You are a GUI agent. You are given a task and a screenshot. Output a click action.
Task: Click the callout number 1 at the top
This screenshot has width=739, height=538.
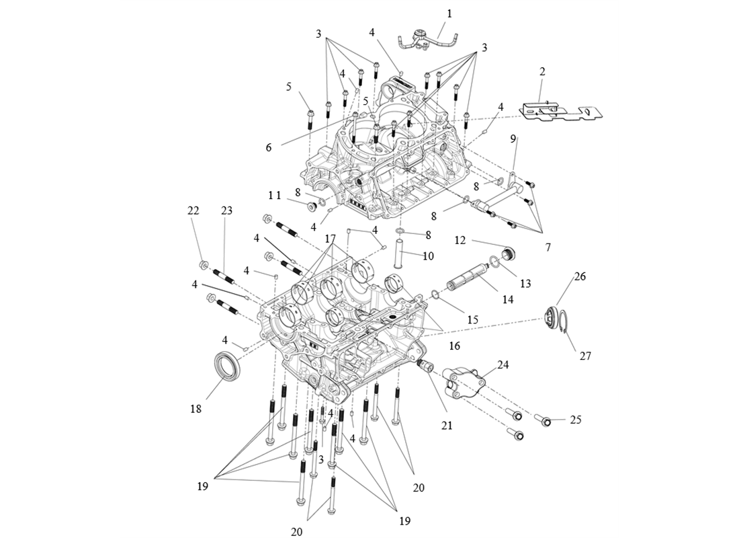tap(449, 13)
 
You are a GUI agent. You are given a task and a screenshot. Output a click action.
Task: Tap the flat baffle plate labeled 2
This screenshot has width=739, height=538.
tap(558, 110)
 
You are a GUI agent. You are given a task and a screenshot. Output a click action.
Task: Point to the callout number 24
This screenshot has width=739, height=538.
tap(503, 364)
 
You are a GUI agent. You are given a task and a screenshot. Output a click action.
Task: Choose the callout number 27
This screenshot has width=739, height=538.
tap(585, 356)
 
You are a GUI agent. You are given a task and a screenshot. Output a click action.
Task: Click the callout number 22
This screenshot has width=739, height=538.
tap(193, 210)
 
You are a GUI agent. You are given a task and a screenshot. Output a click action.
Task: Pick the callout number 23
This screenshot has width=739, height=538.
tap(226, 210)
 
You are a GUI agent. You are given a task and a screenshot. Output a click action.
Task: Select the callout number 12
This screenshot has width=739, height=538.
tap(460, 240)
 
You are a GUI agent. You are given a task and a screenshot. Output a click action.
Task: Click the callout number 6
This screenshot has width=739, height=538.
tap(269, 147)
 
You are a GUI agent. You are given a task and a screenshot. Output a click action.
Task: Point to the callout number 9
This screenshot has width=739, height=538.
tap(513, 139)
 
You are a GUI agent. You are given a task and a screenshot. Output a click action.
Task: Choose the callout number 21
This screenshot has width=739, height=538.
tap(447, 424)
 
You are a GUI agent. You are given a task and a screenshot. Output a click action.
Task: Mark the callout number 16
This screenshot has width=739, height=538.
tap(454, 345)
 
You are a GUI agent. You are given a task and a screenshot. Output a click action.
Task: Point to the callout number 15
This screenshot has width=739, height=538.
tap(472, 320)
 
